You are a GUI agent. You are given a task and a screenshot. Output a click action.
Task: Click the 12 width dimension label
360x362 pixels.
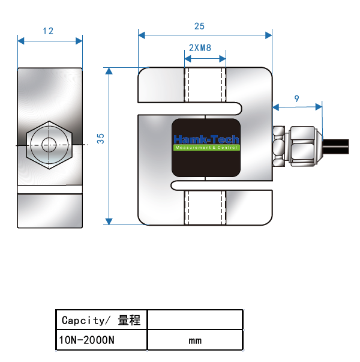pos(48,31)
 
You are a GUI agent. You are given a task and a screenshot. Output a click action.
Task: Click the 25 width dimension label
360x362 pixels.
pos(199,26)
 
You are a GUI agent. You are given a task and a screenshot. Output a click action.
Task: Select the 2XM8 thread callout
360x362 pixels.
pos(200,48)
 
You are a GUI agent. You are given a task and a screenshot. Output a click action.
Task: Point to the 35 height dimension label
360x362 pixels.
pos(101,139)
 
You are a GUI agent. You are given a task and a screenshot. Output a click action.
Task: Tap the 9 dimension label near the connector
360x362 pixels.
pos(297,98)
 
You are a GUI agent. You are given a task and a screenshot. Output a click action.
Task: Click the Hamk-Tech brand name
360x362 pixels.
pos(206,139)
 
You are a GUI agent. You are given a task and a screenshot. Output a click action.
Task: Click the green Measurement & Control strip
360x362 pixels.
pos(206,148)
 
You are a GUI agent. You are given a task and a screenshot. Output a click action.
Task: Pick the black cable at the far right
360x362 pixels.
pos(336,146)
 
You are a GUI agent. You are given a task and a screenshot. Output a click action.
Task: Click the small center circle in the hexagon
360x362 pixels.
pos(49,145)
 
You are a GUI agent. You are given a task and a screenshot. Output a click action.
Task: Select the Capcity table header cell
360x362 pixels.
pos(101,320)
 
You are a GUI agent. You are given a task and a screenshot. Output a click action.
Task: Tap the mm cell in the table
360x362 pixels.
pos(195,340)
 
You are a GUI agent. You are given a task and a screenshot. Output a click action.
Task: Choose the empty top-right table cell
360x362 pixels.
pos(195,320)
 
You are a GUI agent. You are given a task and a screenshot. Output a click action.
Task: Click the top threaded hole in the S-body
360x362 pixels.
pos(205,85)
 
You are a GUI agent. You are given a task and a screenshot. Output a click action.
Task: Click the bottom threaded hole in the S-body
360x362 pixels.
pos(205,207)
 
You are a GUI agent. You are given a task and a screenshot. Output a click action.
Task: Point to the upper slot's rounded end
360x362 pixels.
pos(239,109)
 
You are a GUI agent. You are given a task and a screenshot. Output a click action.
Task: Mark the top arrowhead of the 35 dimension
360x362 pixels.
pos(109,71)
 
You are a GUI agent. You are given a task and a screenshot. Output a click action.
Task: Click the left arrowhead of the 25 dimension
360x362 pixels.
pos(142,35)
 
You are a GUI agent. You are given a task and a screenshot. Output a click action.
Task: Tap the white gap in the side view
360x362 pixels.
pos(50,190)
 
